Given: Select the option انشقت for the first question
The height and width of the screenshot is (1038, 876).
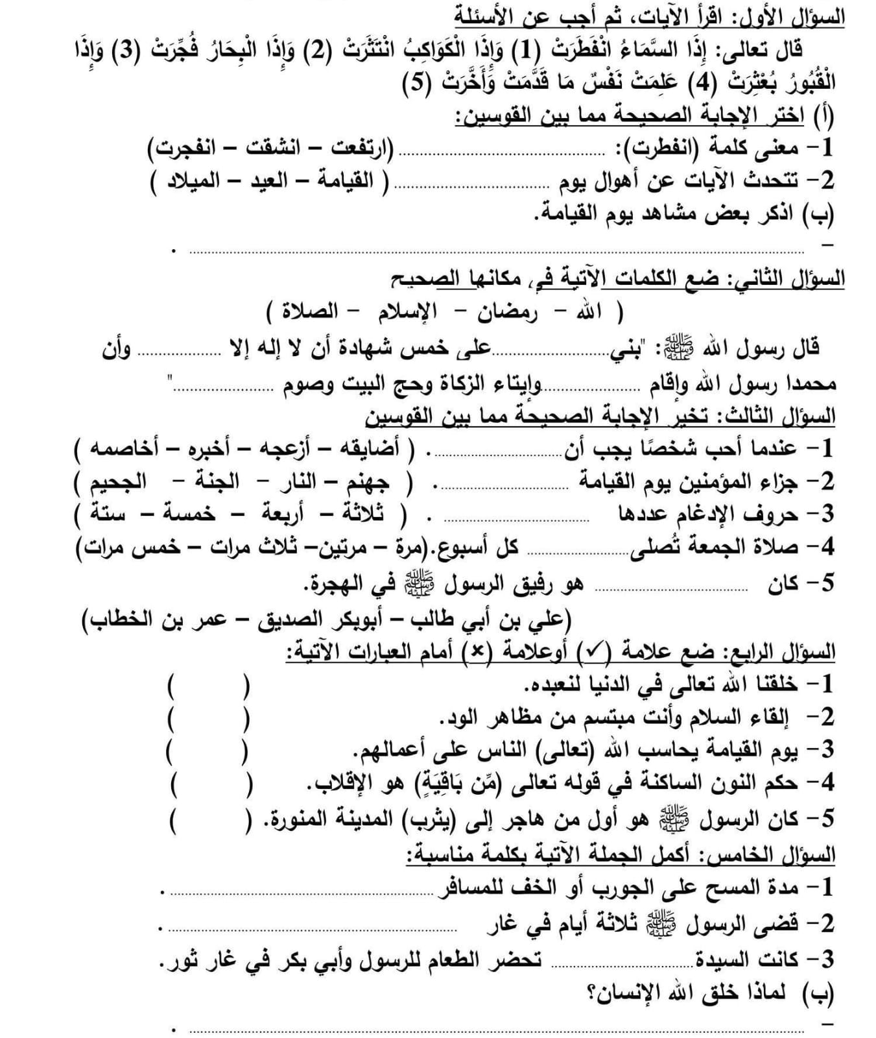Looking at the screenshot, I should coord(271,149).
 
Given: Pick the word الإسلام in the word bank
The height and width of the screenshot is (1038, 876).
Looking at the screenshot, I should coord(408,313).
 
